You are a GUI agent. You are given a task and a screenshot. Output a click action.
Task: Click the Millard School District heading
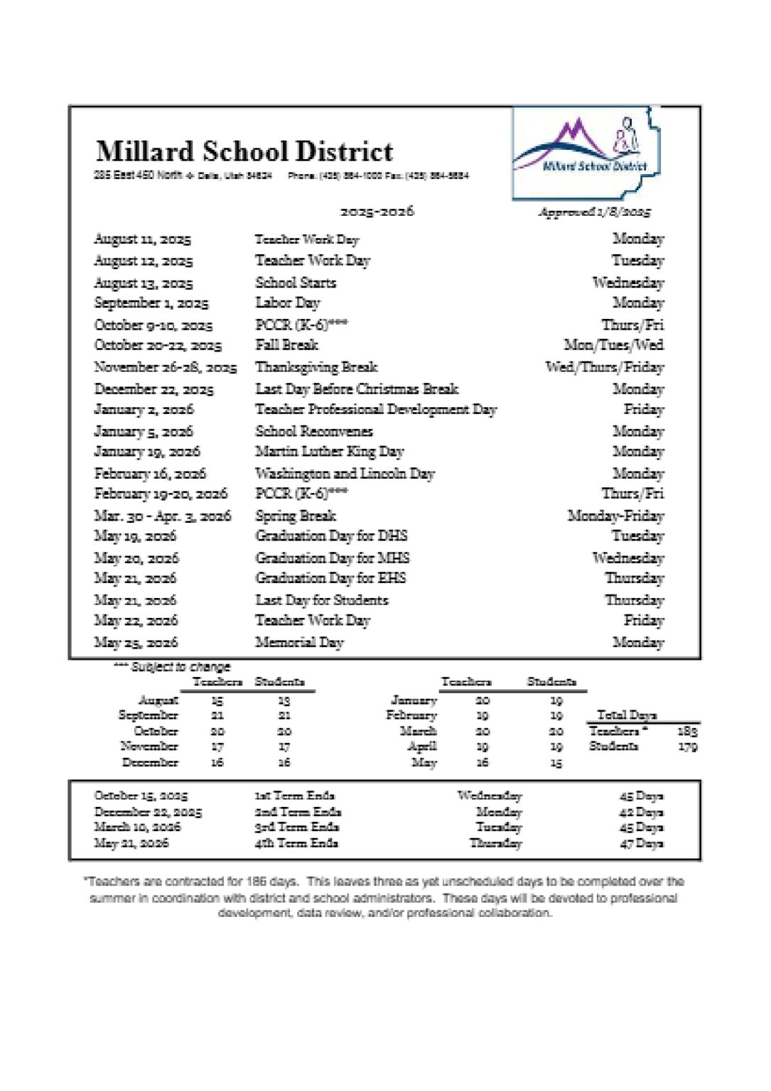point(244,151)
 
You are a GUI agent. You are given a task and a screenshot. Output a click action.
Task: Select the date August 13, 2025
point(144,283)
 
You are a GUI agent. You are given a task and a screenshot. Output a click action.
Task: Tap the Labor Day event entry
point(288,303)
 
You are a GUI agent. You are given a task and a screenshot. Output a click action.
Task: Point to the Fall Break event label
point(287,345)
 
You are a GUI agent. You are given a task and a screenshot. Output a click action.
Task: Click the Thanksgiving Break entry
point(316,367)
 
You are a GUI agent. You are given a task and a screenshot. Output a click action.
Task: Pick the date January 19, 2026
point(147,452)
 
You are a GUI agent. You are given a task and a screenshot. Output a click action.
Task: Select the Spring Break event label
point(296,516)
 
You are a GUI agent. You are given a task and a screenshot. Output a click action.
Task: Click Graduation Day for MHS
point(333,558)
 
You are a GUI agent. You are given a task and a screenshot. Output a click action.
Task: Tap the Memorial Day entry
point(299,643)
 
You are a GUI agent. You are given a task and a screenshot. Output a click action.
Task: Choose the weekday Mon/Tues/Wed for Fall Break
point(613,345)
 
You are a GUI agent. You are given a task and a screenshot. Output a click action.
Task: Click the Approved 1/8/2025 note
point(594,212)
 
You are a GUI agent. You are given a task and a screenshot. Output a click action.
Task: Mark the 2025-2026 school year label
point(377,211)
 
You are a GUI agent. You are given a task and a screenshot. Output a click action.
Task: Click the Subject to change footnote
point(172,667)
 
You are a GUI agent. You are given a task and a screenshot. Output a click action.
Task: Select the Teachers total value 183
point(687,731)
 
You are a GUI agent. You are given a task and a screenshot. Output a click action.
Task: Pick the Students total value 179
point(687,747)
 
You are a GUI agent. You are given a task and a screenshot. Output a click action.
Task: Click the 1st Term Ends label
point(295,796)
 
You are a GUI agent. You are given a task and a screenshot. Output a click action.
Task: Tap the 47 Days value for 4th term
point(641,844)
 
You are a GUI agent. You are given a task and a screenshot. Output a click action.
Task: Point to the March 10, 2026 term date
point(137,827)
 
